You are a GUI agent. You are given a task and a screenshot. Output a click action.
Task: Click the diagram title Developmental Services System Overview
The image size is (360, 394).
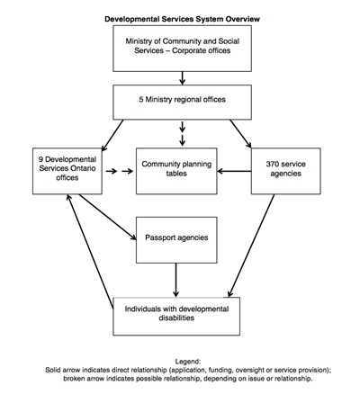[x=181, y=17]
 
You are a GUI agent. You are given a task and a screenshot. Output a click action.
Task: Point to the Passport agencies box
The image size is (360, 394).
[x=176, y=239]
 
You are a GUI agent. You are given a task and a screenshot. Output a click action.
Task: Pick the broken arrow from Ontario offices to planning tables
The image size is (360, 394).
[x=116, y=169]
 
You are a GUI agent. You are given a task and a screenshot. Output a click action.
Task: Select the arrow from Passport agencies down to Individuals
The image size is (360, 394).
[x=176, y=280]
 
